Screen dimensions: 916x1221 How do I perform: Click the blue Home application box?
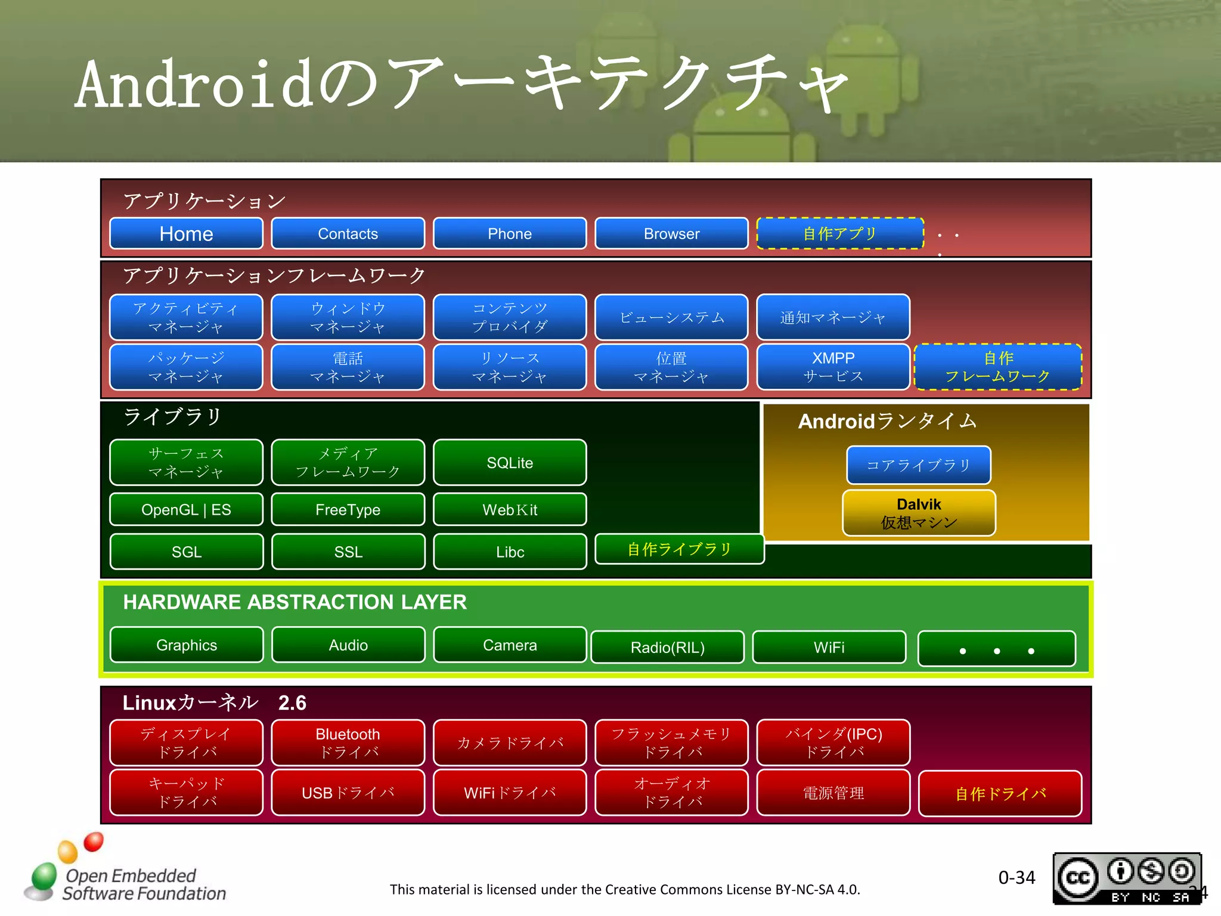pos(186,234)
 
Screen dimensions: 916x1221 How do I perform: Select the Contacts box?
pos(348,234)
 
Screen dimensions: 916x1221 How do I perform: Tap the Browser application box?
pos(671,234)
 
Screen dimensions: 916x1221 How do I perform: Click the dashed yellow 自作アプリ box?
pos(839,234)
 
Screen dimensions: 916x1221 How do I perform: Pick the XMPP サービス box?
pos(833,367)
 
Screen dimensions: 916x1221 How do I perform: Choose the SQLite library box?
pos(510,463)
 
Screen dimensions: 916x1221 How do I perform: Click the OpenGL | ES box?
pos(186,510)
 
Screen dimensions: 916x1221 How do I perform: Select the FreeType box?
pos(348,510)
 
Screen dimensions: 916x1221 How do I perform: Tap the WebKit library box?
pos(510,510)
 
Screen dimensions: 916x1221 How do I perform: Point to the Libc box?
pos(510,552)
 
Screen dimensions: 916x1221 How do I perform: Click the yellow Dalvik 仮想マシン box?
pos(919,513)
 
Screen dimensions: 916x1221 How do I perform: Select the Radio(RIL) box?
pos(667,647)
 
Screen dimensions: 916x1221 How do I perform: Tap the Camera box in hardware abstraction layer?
pos(510,645)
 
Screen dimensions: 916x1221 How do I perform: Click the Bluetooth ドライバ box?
pos(348,742)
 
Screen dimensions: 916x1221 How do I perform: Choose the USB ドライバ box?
pos(348,793)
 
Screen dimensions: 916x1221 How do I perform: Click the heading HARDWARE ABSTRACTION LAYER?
pos(295,602)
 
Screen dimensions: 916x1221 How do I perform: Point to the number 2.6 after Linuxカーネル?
pos(292,703)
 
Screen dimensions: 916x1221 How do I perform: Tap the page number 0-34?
pos(1017,877)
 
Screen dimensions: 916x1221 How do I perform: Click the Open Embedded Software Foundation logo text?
pos(143,884)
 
